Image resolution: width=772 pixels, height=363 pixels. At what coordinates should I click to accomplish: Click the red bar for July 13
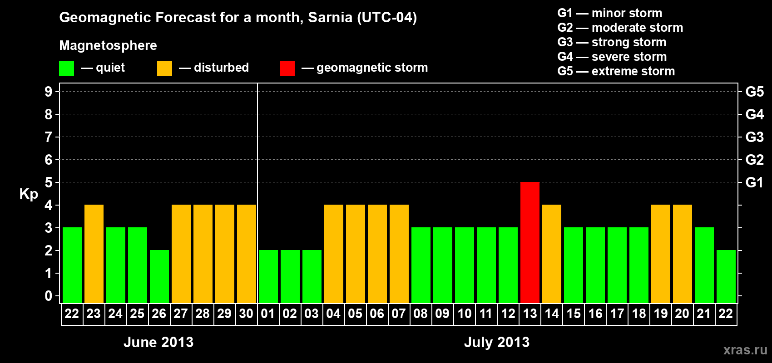(530, 242)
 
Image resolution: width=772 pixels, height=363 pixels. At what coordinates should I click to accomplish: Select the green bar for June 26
(159, 276)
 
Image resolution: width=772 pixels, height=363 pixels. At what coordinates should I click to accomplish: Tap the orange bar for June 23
(94, 254)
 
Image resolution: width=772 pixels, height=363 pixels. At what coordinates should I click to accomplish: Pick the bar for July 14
(552, 254)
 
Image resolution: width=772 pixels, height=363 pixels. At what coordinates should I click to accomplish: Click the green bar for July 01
(268, 276)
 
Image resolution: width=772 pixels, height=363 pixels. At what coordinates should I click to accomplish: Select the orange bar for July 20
(683, 254)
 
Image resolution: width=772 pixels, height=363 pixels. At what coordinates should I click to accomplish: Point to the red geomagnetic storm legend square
(287, 69)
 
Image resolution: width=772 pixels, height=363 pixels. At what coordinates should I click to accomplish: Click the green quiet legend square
(66, 69)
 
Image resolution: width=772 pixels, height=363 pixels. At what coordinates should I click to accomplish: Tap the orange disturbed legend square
(164, 69)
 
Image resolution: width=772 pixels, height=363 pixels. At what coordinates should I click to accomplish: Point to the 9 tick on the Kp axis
(49, 92)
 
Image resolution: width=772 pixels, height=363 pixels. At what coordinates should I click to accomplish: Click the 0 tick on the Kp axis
(49, 296)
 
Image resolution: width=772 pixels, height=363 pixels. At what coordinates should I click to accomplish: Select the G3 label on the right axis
(754, 137)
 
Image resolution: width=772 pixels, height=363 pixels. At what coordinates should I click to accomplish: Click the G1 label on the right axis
(754, 182)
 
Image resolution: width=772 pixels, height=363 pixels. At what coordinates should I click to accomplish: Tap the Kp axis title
(29, 194)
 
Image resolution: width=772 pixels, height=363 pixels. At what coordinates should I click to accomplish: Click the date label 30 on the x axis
(246, 314)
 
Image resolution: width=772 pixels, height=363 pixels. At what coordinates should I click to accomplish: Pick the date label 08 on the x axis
(421, 314)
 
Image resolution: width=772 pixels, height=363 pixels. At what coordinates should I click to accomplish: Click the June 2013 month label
(158, 342)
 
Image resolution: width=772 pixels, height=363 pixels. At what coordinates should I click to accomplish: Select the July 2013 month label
(497, 342)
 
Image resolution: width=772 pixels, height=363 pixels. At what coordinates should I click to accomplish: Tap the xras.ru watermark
(745, 350)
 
